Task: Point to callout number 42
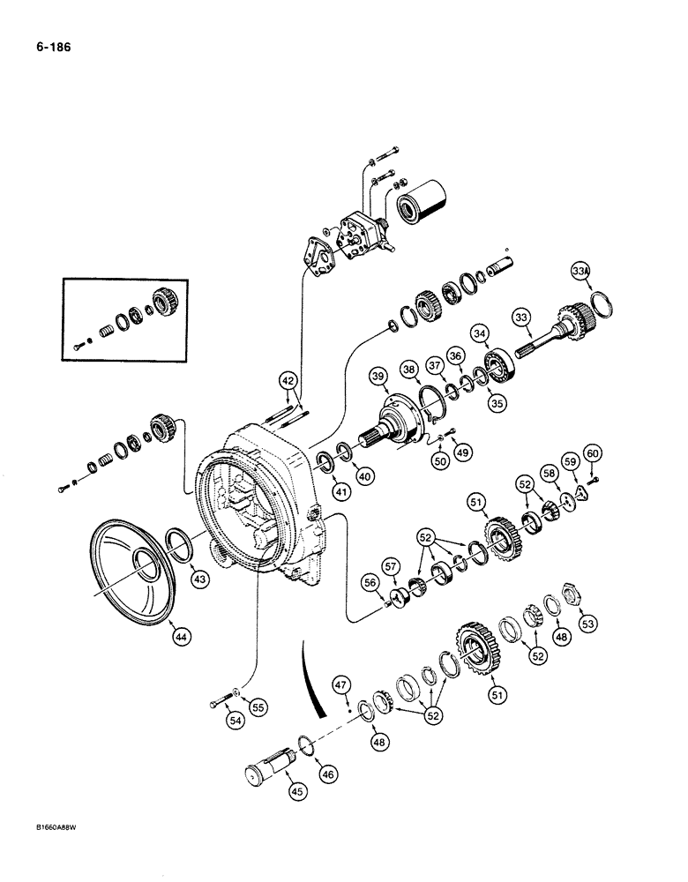coord(288,381)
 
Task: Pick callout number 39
coord(378,377)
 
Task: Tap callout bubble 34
coord(481,333)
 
